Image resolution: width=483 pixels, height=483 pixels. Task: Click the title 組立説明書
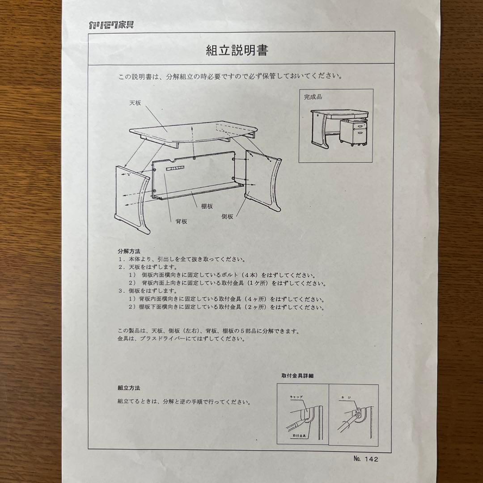[x=237, y=51]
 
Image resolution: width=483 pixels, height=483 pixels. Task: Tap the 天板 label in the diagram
[x=135, y=102]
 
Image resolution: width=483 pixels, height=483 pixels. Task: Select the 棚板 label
[x=207, y=206]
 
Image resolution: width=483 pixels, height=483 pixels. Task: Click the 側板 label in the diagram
[x=228, y=216]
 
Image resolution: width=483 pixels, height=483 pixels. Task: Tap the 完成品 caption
[x=313, y=97]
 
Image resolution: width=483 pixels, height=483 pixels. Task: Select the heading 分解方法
[x=129, y=251]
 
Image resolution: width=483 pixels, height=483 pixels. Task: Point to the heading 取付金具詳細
[x=297, y=376]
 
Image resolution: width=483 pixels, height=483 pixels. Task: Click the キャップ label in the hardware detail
[x=296, y=397]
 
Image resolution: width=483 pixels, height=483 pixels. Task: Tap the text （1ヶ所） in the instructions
[x=254, y=284]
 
